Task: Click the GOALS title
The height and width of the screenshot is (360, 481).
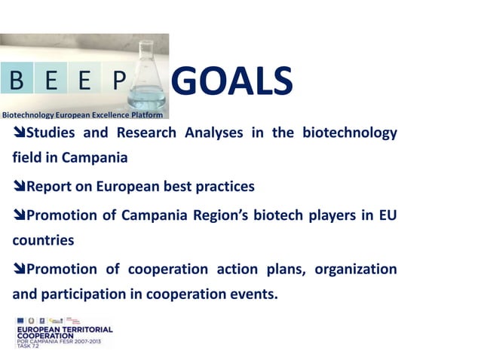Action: pyautogui.click(x=232, y=82)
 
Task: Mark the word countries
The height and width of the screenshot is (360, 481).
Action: pyautogui.click(x=43, y=241)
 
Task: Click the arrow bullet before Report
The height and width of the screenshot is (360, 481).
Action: pyautogui.click(x=19, y=187)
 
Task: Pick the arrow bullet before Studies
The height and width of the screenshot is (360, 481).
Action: pyautogui.click(x=19, y=134)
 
